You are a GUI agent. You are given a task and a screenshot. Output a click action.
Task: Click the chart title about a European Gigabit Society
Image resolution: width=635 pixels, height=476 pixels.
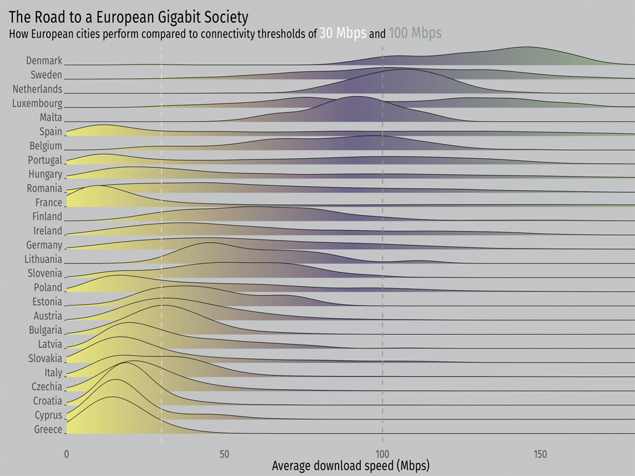128,17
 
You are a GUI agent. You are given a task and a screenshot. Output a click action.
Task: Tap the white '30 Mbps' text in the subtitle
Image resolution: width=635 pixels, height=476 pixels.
342,33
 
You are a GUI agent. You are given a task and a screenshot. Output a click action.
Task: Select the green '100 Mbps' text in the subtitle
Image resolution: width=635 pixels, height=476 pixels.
415,33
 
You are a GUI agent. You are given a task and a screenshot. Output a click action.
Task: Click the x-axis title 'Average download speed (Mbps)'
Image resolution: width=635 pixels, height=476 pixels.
350,465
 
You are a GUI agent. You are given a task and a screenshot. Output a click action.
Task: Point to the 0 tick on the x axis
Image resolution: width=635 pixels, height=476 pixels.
66,454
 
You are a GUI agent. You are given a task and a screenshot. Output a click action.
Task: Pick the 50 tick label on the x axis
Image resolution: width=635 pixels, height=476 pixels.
224,454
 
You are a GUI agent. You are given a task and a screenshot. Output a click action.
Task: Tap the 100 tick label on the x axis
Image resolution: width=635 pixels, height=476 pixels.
383,454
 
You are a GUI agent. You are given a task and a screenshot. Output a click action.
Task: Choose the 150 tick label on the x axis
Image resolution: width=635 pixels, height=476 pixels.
540,454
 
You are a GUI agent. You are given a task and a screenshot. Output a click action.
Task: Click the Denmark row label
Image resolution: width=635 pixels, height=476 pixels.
44,61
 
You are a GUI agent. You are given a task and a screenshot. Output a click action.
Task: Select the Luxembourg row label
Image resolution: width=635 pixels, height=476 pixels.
37,104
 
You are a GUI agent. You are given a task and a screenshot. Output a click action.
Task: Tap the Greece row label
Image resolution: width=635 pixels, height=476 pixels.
48,430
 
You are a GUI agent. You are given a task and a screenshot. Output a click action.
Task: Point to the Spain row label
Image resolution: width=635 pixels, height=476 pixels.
50,131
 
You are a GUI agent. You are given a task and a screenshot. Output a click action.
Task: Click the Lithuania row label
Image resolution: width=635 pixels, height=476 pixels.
43,259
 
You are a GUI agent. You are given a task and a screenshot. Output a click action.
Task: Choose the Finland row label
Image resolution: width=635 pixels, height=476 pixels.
47,216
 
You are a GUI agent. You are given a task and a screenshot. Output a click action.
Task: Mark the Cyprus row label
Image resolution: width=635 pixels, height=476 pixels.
48,415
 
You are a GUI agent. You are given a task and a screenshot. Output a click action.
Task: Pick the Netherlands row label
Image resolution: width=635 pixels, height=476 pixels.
37,89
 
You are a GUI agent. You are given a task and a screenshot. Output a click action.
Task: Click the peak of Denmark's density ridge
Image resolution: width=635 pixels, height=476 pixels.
526,47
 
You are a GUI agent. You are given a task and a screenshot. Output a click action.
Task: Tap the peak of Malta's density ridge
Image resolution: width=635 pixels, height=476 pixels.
357,97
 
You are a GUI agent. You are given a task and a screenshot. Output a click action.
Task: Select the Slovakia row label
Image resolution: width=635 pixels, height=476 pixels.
45,358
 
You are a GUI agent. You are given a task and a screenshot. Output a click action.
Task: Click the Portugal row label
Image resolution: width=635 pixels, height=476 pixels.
45,160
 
